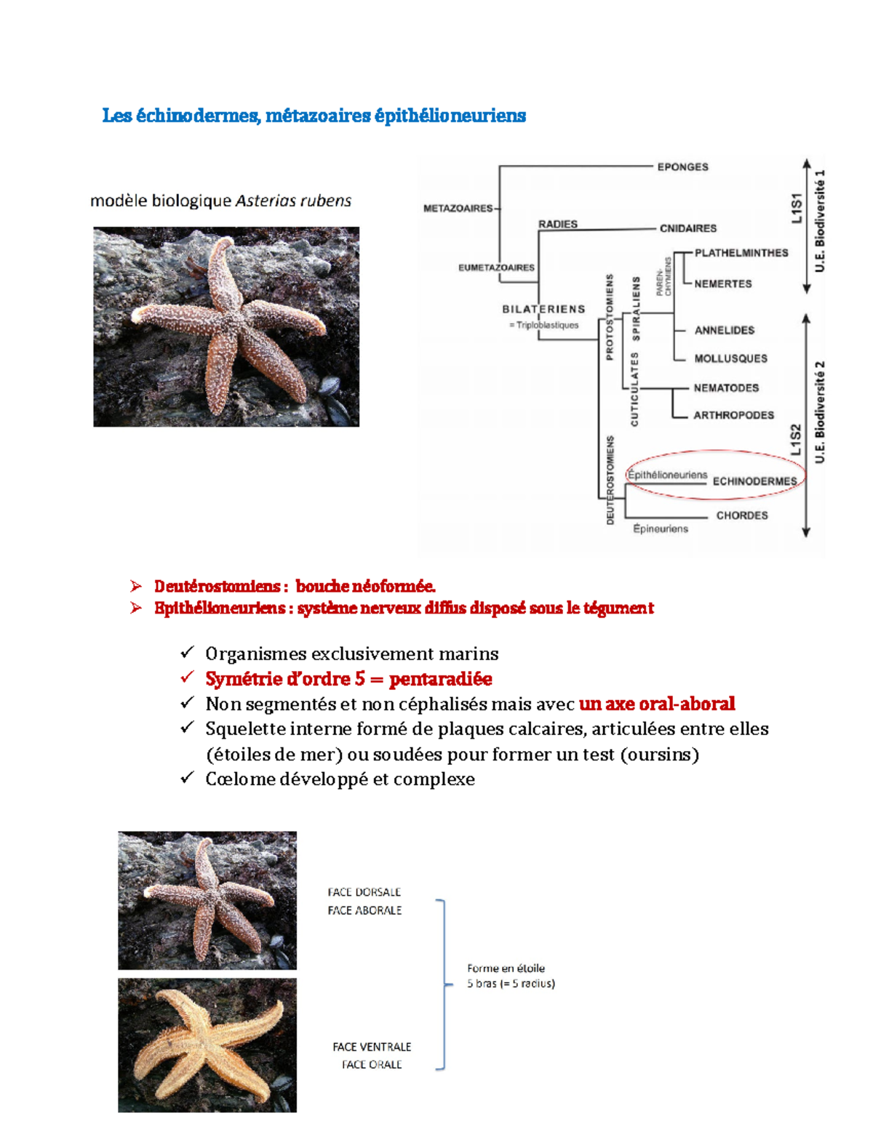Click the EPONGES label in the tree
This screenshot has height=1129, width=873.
pyautogui.click(x=682, y=166)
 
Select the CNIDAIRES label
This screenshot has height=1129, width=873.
pyautogui.click(x=688, y=228)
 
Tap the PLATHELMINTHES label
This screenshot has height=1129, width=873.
pyautogui.click(x=741, y=253)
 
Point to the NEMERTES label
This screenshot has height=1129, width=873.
pyautogui.click(x=722, y=284)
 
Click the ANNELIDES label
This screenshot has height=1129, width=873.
pyautogui.click(x=725, y=331)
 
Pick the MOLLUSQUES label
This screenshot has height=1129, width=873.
pyautogui.click(x=730, y=358)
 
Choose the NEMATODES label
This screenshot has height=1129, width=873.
pyautogui.click(x=726, y=387)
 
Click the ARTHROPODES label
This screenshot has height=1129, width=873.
pyautogui.click(x=733, y=415)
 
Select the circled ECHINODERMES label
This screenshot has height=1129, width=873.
pyautogui.click(x=754, y=481)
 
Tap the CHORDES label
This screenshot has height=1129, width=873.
pyautogui.click(x=742, y=515)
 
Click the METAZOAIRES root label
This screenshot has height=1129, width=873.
pyautogui.click(x=458, y=209)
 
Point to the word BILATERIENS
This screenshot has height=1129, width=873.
pyautogui.click(x=543, y=309)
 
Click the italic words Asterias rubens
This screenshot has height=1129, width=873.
pyautogui.click(x=293, y=201)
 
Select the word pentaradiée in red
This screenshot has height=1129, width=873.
pyautogui.click(x=440, y=678)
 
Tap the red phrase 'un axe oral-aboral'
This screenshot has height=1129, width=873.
pyautogui.click(x=657, y=704)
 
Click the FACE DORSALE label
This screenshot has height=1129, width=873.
pyautogui.click(x=364, y=892)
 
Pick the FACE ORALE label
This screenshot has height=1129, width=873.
pyautogui.click(x=372, y=1064)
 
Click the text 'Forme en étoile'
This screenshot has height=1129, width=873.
pyautogui.click(x=506, y=968)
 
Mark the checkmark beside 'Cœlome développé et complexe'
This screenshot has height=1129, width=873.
pyautogui.click(x=187, y=778)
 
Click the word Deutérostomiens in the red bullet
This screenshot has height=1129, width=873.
pyautogui.click(x=218, y=586)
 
